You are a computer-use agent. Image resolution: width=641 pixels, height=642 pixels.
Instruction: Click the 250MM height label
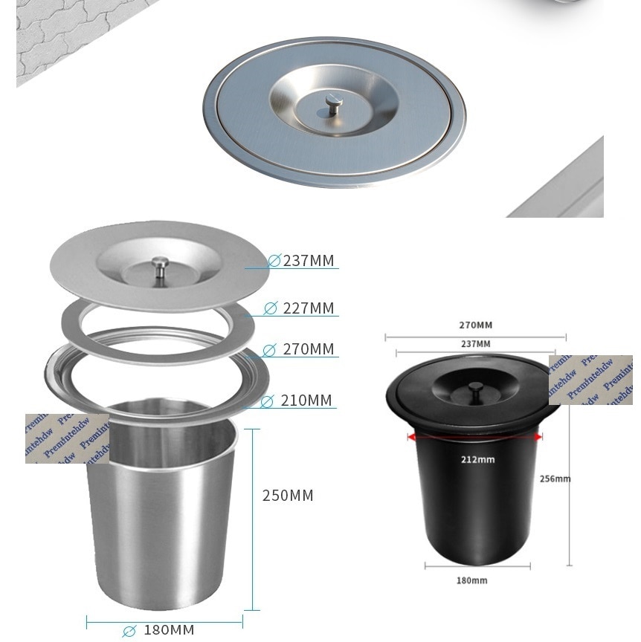(288, 496)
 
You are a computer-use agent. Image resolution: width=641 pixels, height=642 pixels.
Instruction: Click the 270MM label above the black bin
(475, 325)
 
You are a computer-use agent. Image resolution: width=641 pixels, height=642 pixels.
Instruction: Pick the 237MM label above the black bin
(475, 343)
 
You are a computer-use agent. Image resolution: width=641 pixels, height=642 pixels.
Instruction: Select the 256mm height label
(555, 479)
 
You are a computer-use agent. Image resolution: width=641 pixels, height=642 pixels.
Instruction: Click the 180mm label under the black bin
(471, 580)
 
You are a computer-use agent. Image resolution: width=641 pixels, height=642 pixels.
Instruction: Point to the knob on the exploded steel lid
(158, 265)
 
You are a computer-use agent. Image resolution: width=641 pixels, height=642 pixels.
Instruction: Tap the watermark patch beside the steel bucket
(67, 438)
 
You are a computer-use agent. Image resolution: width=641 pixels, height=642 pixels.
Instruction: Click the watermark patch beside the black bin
(590, 380)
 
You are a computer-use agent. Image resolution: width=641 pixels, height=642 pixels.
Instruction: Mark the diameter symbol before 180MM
(129, 631)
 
